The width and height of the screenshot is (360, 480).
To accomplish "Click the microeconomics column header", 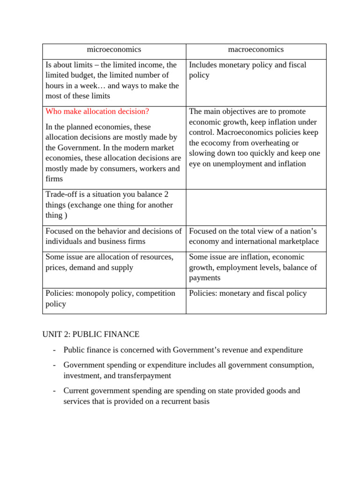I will tap(114, 50).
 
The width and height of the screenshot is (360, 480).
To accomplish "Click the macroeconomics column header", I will tap(256, 50).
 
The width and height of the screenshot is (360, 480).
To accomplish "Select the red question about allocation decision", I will tap(97, 112).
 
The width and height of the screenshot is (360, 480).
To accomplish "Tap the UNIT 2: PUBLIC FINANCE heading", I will tap(90, 334).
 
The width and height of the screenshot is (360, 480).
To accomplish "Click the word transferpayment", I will tap(141, 375).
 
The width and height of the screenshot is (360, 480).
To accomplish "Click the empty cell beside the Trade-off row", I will tap(256, 207).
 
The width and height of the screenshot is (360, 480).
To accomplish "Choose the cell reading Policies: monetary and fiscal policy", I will tap(248, 293).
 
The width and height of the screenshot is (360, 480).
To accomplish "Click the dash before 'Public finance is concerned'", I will tap(55, 350).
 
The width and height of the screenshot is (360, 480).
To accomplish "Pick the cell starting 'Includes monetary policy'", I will tap(247, 70).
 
